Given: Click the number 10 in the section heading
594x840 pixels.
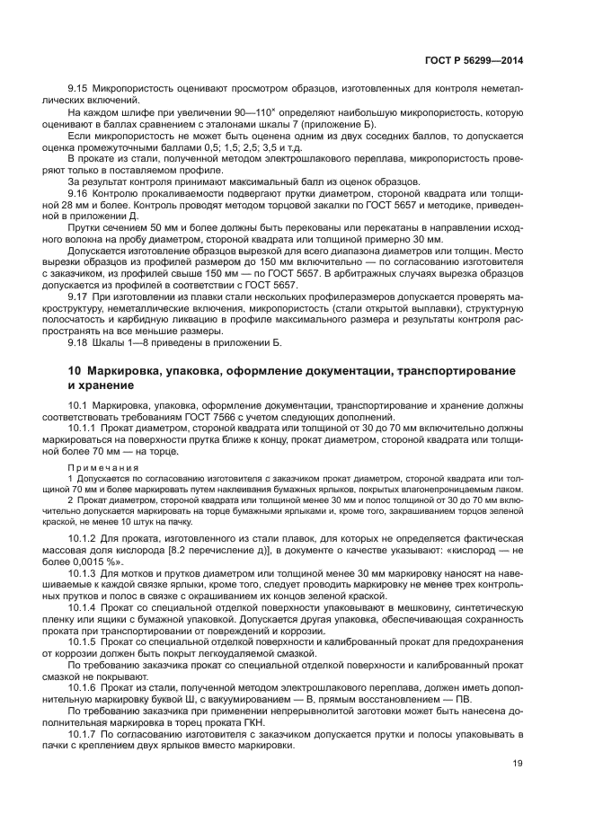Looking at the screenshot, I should point(76,371).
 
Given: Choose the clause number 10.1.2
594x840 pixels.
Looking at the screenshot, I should point(83,537).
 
